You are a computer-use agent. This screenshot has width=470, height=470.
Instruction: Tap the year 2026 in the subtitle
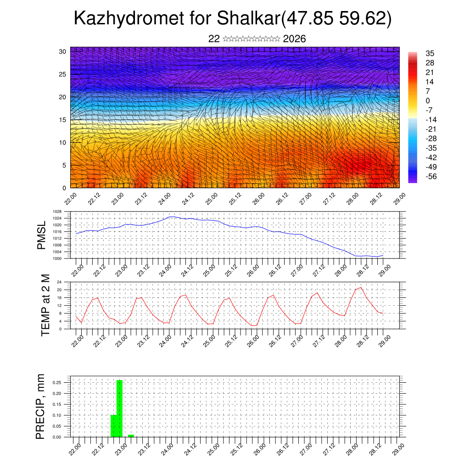[295, 39]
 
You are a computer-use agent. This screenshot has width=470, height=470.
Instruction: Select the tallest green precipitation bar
[119, 408]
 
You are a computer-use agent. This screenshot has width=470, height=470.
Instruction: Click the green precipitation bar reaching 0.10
[113, 426]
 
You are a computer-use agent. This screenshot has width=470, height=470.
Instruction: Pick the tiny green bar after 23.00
[131, 436]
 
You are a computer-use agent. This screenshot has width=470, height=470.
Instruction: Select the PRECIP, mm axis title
[41, 407]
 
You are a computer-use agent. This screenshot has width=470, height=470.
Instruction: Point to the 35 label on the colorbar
[430, 54]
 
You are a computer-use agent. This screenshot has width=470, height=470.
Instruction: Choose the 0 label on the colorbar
[428, 101]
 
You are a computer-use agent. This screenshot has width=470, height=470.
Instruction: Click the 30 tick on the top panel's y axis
[62, 51]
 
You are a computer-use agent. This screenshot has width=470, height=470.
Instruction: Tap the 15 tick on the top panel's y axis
[62, 120]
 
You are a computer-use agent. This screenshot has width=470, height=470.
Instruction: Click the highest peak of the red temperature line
[361, 287]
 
